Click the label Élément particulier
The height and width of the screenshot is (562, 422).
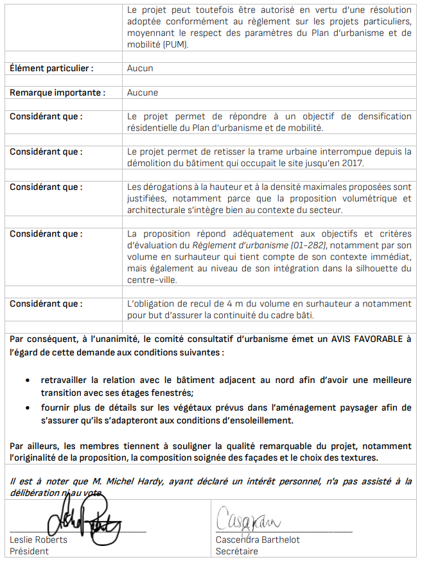click(51, 68)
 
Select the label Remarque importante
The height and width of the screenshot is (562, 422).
click(57, 92)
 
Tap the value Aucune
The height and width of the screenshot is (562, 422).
click(143, 92)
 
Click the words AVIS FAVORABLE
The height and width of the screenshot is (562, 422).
click(367, 339)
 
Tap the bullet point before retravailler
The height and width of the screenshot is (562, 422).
click(26, 380)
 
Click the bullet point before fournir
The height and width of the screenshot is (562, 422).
click(26, 408)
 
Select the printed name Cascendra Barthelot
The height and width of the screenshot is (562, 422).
click(258, 540)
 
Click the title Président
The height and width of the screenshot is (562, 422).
click(29, 551)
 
